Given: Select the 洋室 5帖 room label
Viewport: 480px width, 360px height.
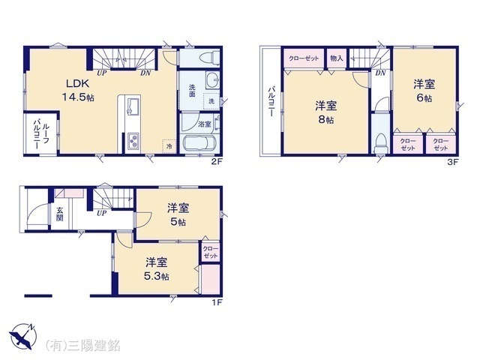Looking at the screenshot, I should (178, 214).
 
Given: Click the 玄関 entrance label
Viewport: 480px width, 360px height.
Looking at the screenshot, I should (59, 214).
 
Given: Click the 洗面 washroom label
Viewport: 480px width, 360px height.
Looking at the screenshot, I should (191, 89).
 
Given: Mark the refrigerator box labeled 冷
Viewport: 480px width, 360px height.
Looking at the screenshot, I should (169, 146).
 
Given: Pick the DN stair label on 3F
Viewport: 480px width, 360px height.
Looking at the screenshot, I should (380, 73).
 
